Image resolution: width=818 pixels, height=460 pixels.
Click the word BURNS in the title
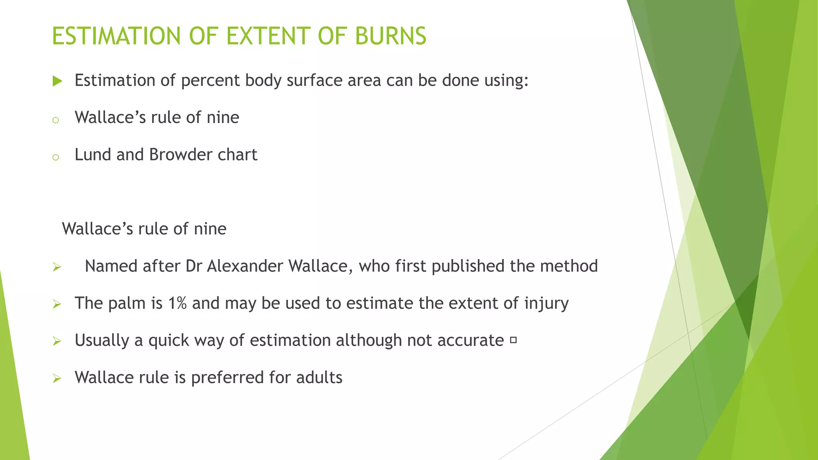coord(390,36)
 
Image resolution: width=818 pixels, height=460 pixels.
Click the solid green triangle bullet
coord(58,81)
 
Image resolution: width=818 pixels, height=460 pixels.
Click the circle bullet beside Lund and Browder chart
coord(56,157)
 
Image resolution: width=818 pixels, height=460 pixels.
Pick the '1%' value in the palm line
coord(177,303)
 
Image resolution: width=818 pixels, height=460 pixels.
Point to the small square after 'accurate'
coord(514,340)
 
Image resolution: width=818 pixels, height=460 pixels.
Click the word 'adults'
coord(319,378)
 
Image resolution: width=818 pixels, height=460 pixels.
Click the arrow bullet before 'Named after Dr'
coord(57,267)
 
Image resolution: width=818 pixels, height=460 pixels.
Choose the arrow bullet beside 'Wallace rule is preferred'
coord(57,379)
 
